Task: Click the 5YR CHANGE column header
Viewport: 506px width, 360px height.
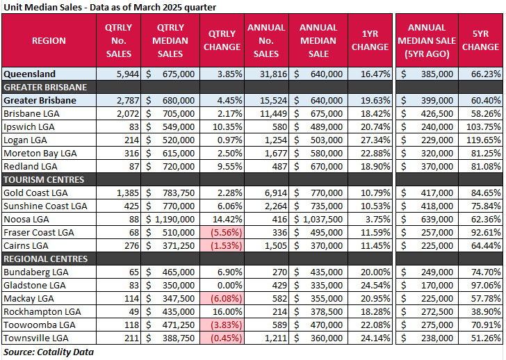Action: point(480,40)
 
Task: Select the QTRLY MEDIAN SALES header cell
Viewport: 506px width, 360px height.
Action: point(170,40)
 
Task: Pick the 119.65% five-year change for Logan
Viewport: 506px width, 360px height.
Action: point(482,139)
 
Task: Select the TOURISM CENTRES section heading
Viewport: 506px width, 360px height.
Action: point(44,179)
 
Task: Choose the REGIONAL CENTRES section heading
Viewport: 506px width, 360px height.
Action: point(46,259)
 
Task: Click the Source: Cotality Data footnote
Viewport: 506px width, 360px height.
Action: point(48,352)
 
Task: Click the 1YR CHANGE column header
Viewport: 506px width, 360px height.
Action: point(370,40)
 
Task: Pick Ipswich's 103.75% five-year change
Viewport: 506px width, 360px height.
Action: point(482,126)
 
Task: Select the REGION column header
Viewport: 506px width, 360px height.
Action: point(49,40)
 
